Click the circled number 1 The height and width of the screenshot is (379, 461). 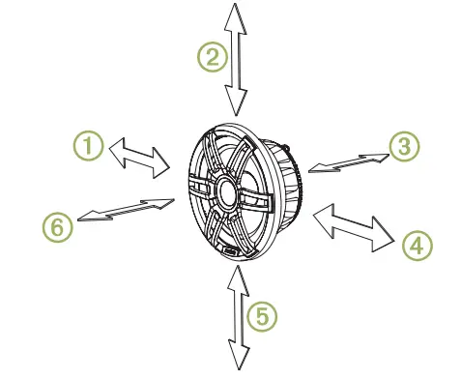[x=89, y=147]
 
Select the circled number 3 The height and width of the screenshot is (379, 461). [x=404, y=146]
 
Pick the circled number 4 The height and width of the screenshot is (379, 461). [x=416, y=245]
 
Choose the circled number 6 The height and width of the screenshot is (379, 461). [x=58, y=226]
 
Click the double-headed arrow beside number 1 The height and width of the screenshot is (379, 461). [x=140, y=157]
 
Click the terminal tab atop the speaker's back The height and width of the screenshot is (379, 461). [x=285, y=144]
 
